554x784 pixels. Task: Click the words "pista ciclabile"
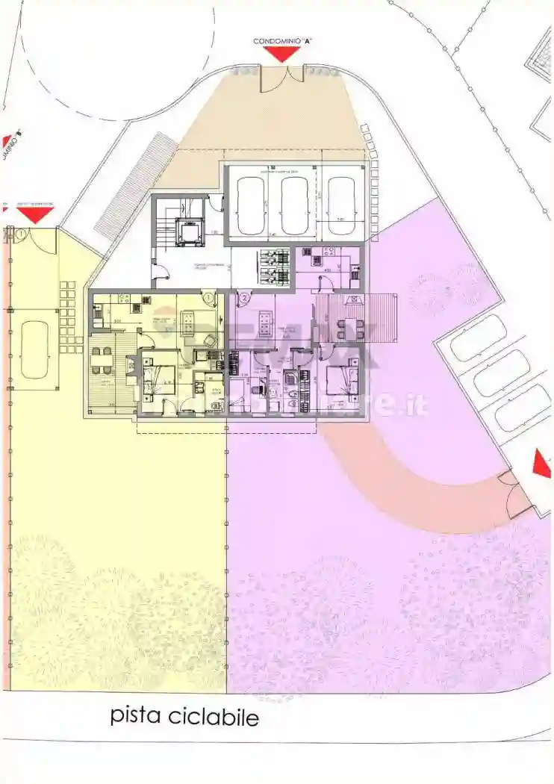pos(184,716)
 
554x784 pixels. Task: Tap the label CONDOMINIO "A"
pos(281,41)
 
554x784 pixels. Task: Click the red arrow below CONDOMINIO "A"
pos(282,54)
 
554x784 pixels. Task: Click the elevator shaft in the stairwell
pos(187,232)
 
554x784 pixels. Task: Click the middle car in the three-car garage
pos(294,205)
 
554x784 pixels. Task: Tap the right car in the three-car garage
pos(342,205)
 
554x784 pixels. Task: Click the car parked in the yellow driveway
pos(34,349)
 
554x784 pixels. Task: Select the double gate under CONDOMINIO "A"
pos(282,79)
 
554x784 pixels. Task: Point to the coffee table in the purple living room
pos(263,323)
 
